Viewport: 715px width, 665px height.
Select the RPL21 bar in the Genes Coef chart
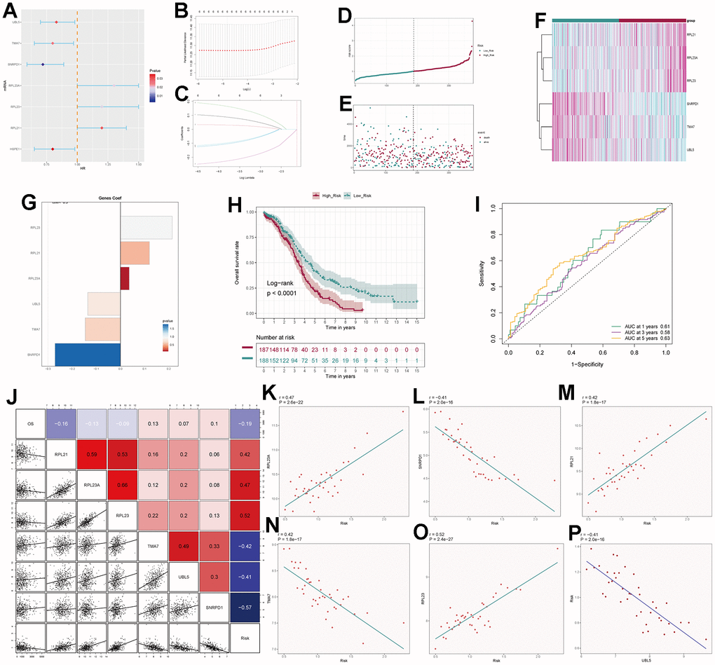(x=135, y=253)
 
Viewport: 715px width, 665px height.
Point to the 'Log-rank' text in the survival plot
(x=283, y=283)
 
